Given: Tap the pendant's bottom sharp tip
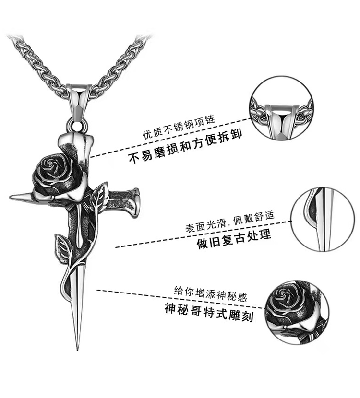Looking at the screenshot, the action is [76, 346].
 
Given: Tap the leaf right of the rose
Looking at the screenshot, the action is [99, 196].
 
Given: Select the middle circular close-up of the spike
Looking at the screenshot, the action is [323, 218].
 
